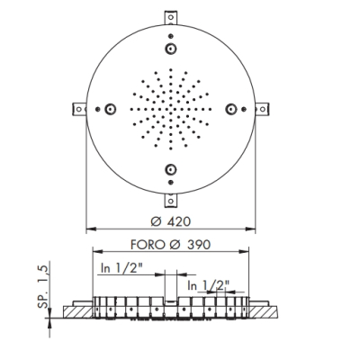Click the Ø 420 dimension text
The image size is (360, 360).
click(x=171, y=221)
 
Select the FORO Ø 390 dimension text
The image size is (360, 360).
click(x=170, y=245)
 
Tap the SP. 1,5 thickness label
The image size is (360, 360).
click(x=43, y=287)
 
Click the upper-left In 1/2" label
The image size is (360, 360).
click(x=121, y=268)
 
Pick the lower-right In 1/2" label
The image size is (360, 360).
click(x=209, y=285)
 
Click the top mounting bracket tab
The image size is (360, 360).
click(x=171, y=17)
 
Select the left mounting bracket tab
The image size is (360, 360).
click(x=79, y=109)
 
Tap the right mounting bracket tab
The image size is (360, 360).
click(x=262, y=109)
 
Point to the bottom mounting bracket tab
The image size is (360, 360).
click(x=171, y=201)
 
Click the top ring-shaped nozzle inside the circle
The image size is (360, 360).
click(x=171, y=49)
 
